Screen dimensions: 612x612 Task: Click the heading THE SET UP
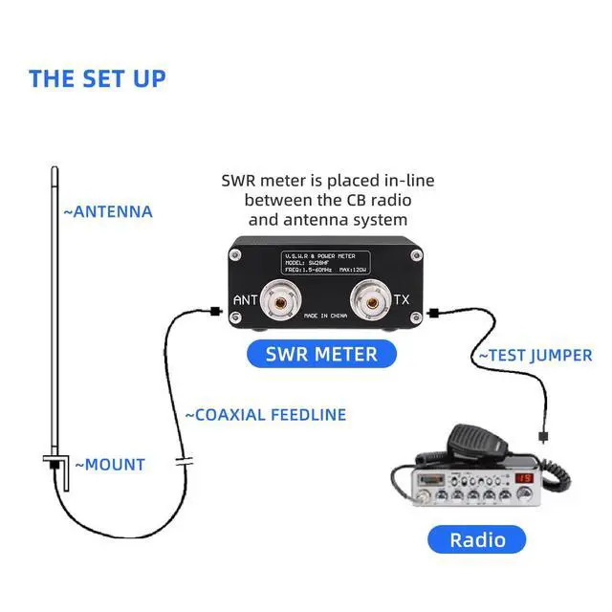click(97, 78)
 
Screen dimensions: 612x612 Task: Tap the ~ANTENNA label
click(108, 211)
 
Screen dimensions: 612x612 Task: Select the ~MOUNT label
click(110, 465)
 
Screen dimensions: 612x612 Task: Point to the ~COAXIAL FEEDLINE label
click(265, 415)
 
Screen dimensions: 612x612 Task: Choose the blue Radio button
click(477, 539)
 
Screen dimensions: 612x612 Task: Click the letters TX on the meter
click(403, 299)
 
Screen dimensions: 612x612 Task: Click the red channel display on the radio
click(523, 477)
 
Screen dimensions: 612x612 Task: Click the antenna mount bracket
click(57, 468)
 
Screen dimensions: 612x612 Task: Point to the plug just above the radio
click(543, 437)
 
